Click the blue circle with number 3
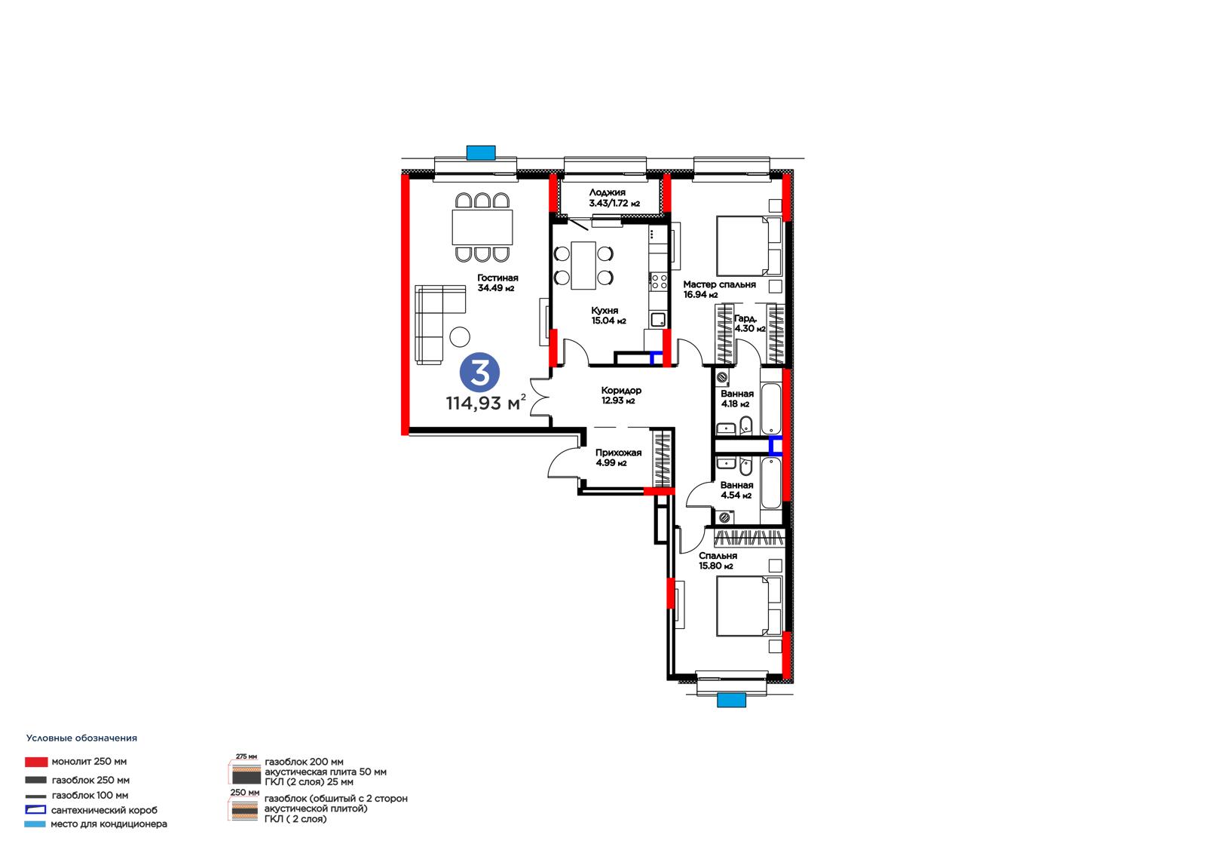[479, 373]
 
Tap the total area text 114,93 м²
[485, 402]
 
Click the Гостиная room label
[497, 278]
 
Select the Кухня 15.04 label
[608, 316]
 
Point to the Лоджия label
[608, 192]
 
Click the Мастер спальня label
[719, 284]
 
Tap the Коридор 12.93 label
[621, 395]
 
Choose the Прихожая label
[618, 453]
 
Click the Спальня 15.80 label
[718, 560]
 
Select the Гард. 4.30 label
[749, 324]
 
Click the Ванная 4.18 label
[737, 399]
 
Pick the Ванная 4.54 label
[736, 490]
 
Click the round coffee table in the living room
[460, 337]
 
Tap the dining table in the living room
[482, 228]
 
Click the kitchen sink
[658, 320]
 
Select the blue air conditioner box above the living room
[481, 153]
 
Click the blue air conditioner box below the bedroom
[731, 700]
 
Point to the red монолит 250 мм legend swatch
[36, 762]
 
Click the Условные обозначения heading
[82, 738]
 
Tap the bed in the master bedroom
[749, 246]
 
